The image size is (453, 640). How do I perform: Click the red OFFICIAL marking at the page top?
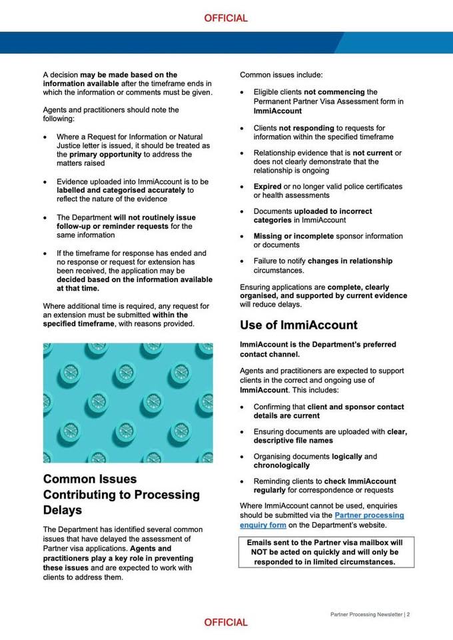[226, 18]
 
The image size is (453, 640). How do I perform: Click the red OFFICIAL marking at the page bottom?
[226, 622]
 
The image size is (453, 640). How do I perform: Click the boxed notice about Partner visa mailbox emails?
[326, 552]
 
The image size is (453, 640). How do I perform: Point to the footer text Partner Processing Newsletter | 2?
[370, 614]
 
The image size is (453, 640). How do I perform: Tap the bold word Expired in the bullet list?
[268, 187]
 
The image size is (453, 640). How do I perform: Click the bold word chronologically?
[281, 465]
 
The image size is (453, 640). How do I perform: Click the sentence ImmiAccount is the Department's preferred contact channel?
[318, 349]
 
